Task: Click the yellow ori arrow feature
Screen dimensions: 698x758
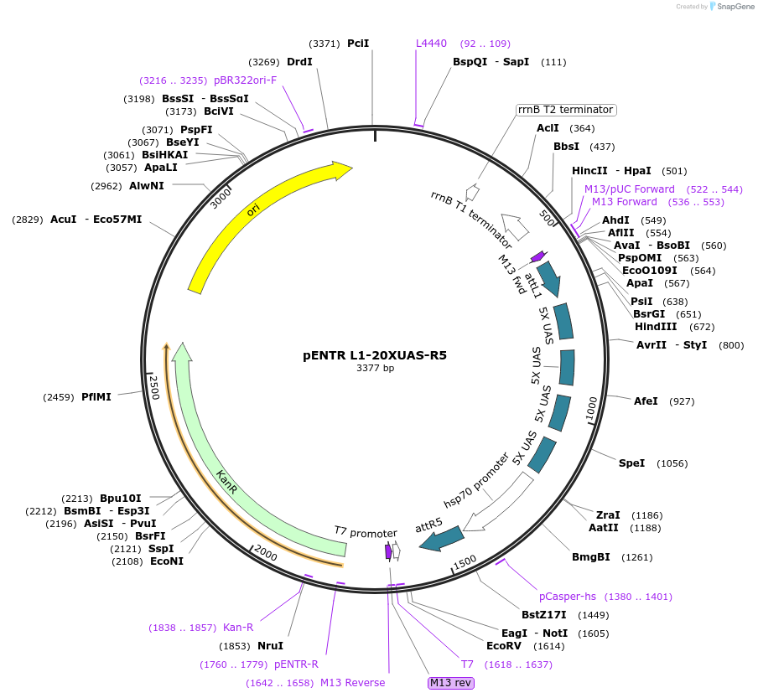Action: (252, 214)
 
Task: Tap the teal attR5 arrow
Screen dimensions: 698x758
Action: (441, 538)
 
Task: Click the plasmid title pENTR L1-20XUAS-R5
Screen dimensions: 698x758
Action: (375, 355)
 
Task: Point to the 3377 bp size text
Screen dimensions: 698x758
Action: (375, 368)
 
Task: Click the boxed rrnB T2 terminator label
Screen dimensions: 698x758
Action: (565, 110)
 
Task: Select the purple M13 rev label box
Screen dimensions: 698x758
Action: (451, 683)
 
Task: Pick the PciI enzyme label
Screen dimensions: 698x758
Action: (358, 44)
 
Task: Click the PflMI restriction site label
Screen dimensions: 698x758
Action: (96, 396)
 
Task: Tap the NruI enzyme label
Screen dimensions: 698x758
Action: (270, 646)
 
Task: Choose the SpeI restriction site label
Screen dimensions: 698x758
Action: (631, 463)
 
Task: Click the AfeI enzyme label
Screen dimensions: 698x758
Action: (646, 401)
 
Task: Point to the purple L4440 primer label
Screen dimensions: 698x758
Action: (432, 44)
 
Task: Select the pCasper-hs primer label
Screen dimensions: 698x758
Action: (568, 597)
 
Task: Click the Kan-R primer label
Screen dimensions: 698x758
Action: (238, 628)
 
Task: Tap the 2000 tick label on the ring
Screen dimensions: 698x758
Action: (265, 553)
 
